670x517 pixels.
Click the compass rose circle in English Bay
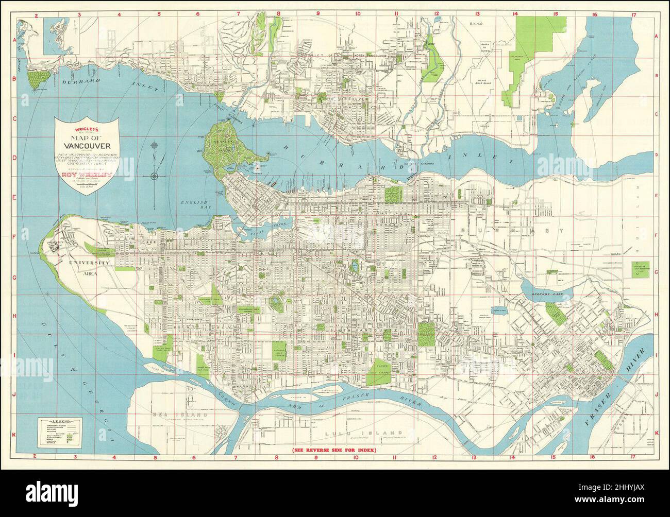155,177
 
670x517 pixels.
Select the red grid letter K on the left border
14,435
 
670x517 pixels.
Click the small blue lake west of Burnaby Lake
499,311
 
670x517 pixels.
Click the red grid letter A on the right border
656,37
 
